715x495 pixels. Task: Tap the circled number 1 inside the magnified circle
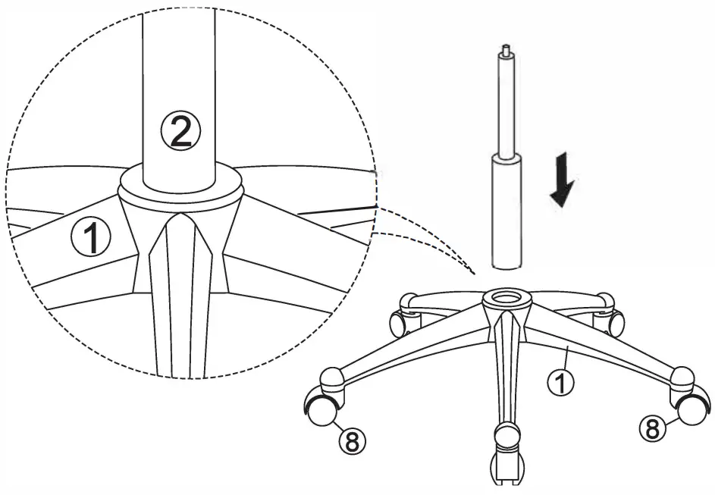pyautogui.click(x=91, y=239)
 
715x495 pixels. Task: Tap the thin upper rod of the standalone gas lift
pyautogui.click(x=505, y=106)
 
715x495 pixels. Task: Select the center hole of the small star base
pyautogui.click(x=504, y=296)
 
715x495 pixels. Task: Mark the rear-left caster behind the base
pyautogui.click(x=399, y=321)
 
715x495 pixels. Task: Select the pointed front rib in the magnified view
pyautogui.click(x=179, y=288)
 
